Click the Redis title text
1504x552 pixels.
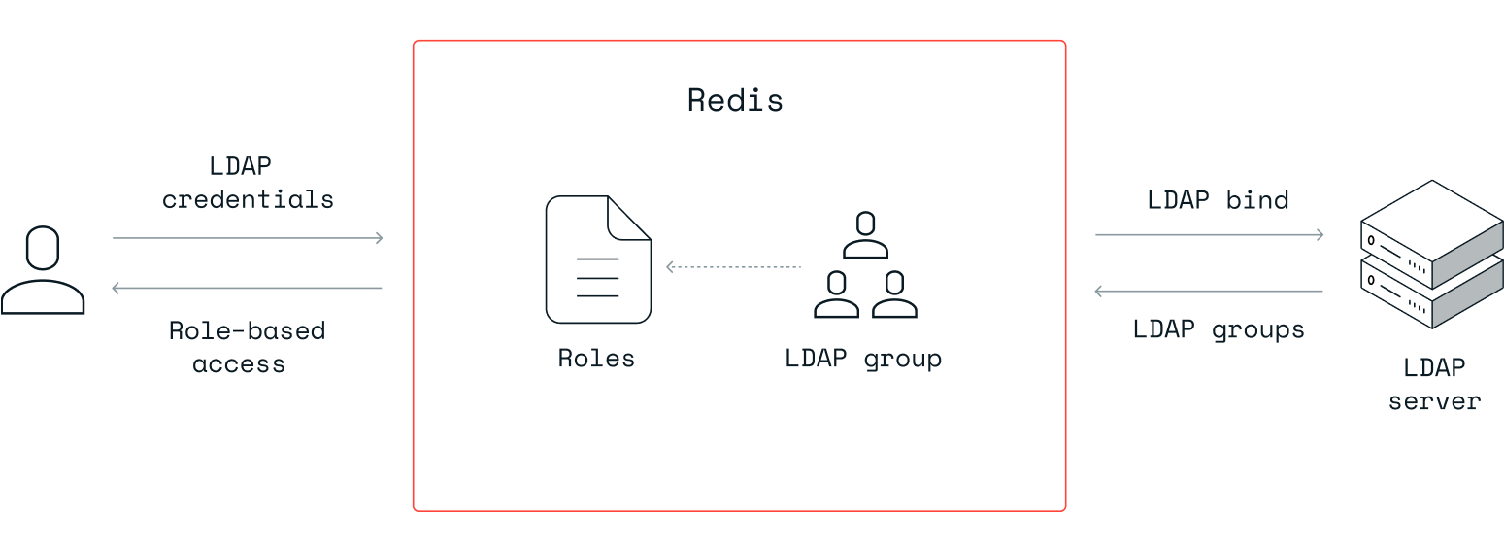click(x=735, y=100)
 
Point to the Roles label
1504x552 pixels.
click(x=596, y=359)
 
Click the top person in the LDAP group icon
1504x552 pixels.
click(x=865, y=234)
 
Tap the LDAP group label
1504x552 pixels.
click(x=863, y=359)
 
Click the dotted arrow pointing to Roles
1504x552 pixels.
click(x=733, y=266)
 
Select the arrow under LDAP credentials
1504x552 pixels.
click(x=248, y=237)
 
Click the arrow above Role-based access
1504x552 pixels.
click(x=248, y=288)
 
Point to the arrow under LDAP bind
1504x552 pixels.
click(x=1209, y=234)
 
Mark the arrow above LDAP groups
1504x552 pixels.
click(x=1209, y=291)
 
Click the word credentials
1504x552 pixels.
click(x=248, y=200)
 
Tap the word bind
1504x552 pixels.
click(x=1257, y=200)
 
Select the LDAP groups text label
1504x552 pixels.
click(x=1219, y=329)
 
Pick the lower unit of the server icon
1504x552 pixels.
click(x=1432, y=292)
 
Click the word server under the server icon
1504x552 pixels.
click(x=1434, y=400)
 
